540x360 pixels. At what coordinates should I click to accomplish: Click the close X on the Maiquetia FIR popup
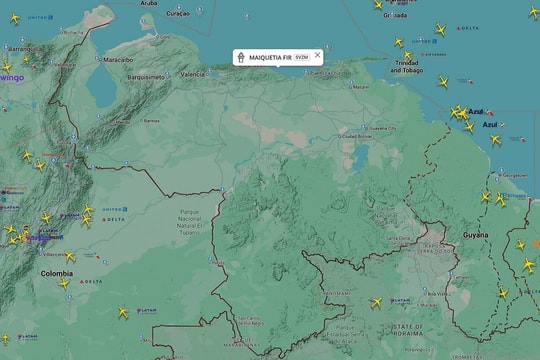pyautogui.click(x=318, y=56)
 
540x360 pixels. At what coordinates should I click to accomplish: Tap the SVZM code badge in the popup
pyautogui.click(x=302, y=56)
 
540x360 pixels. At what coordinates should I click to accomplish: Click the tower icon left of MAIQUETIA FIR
pyautogui.click(x=241, y=56)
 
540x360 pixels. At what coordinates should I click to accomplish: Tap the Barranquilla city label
pyautogui.click(x=21, y=48)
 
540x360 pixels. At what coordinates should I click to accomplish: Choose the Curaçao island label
pyautogui.click(x=177, y=14)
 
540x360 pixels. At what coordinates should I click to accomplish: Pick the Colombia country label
pyautogui.click(x=56, y=273)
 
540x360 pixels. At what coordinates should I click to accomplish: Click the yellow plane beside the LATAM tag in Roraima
pyautogui.click(x=377, y=302)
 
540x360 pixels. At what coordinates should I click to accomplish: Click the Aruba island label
pyautogui.click(x=148, y=3)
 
